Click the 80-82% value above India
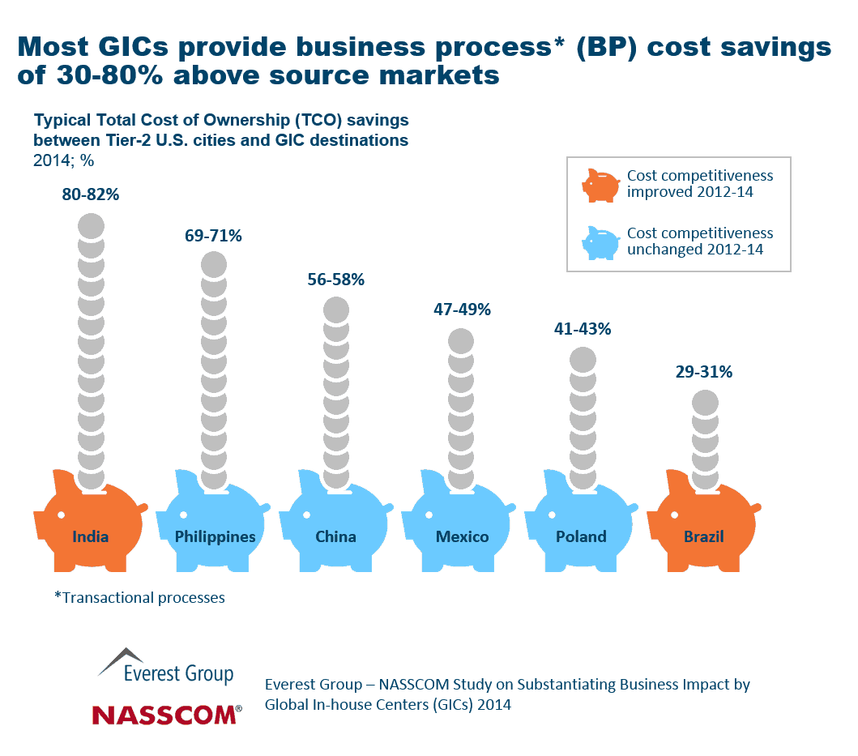point(91,194)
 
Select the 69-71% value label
point(213,236)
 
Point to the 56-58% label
point(335,280)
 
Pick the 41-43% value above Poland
point(582,330)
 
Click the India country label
point(90,536)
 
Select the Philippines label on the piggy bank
point(215,536)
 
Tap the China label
point(335,536)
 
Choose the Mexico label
point(462,536)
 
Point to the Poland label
point(581,536)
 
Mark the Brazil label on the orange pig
point(702,536)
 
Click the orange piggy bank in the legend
point(600,186)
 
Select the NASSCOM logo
point(166,714)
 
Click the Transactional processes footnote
point(139,598)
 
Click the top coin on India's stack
point(91,226)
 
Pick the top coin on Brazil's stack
point(705,403)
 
